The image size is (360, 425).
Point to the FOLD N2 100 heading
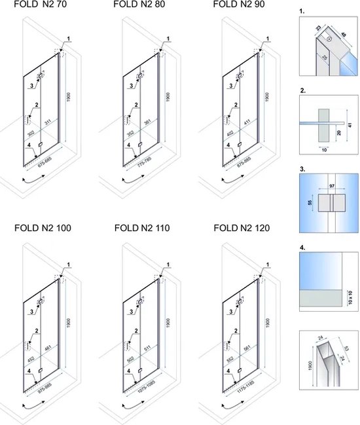[43, 229]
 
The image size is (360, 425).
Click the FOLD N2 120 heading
[243, 229]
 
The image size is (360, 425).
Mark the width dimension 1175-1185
[242, 396]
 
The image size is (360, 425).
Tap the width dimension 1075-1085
[143, 396]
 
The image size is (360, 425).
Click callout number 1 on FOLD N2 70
[68, 39]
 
